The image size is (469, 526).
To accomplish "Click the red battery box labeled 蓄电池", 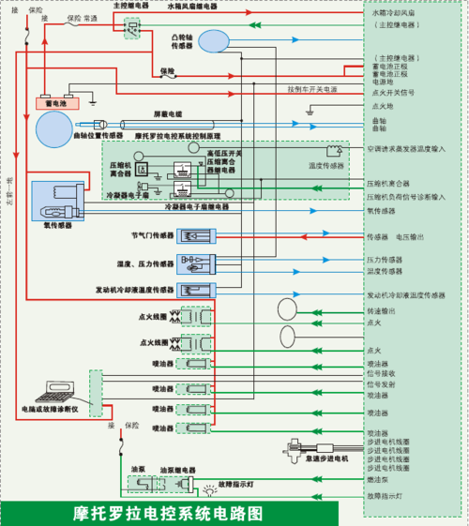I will (48, 101).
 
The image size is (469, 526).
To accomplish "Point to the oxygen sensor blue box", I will (58, 199).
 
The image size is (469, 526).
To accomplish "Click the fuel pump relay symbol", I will (173, 485).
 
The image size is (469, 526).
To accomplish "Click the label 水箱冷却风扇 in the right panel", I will (392, 15).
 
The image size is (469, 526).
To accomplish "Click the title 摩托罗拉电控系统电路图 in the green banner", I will (169, 514).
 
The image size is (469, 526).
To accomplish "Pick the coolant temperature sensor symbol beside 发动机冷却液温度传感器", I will (196, 290).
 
